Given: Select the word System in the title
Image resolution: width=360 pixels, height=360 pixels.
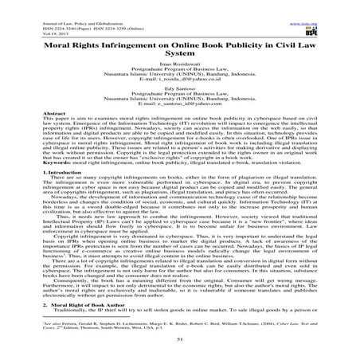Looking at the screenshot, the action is coord(180,46).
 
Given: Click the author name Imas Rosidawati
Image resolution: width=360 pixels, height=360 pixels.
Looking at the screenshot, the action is coord(179,62).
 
